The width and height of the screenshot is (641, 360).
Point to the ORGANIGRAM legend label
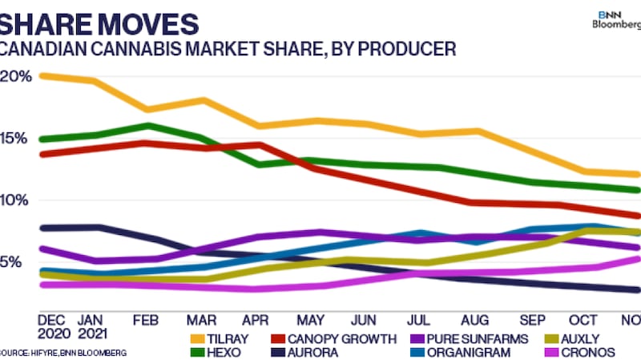[x=471, y=353]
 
